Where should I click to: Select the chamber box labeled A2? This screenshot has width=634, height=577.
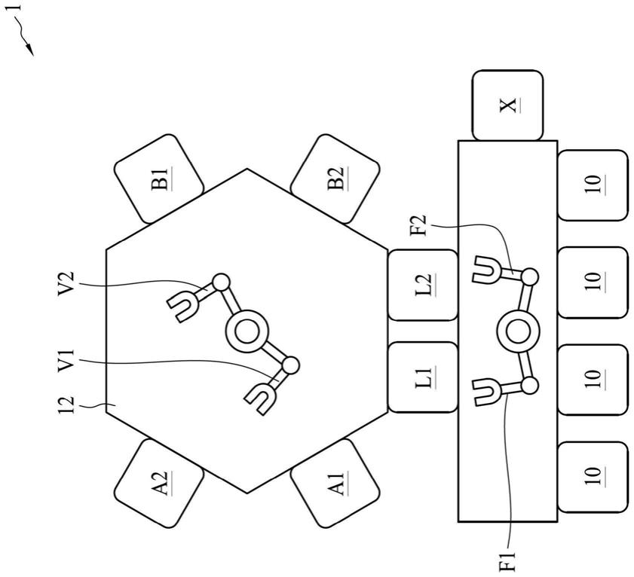[x=159, y=481]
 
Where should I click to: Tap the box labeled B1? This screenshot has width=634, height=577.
[x=159, y=179]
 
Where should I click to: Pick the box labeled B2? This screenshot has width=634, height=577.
[x=334, y=179]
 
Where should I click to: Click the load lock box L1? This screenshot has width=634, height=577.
[x=423, y=377]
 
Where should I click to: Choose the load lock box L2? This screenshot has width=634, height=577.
[x=423, y=284]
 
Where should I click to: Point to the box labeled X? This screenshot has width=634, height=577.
[x=508, y=105]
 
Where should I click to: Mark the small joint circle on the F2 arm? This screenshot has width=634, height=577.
[x=530, y=276]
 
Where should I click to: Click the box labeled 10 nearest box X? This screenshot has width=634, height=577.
[x=593, y=185]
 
